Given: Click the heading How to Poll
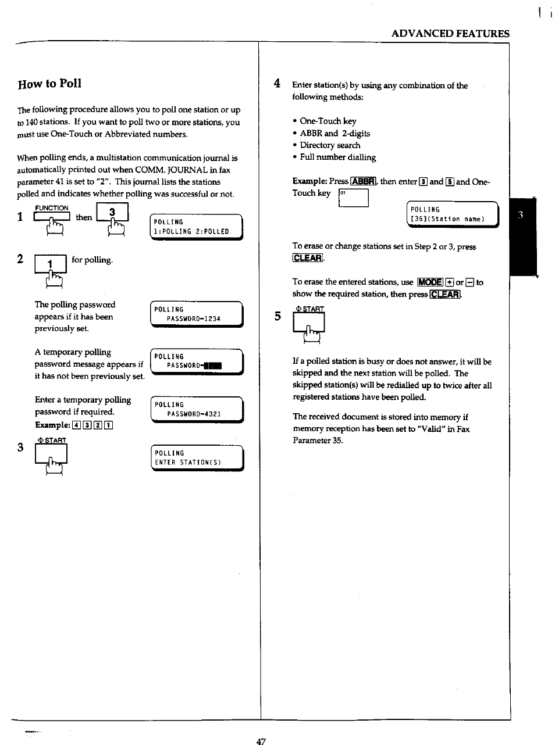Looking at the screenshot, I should pos(49,83).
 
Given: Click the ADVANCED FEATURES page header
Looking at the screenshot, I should pos(450,34).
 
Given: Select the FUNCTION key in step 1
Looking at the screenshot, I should pos(52,217).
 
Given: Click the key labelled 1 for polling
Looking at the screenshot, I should pos(51,264).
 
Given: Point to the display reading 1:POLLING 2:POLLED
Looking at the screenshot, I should pos(196,227).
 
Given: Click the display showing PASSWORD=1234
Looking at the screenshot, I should pos(196,314).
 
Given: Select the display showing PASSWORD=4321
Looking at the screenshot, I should pos(196,410).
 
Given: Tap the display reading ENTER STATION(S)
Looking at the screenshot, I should pos(196,458).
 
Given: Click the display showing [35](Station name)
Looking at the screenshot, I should pos(452,214).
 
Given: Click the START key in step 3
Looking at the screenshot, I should pos(51,454).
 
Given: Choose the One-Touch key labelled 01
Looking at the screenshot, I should pos(353,198).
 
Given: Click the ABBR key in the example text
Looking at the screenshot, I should pos(364,181).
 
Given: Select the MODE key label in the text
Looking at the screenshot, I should pos(430,282).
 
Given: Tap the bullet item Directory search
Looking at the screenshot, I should pos(330,145).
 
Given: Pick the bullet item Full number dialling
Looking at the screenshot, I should pos(337,157).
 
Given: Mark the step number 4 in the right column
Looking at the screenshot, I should pos(277,84).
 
